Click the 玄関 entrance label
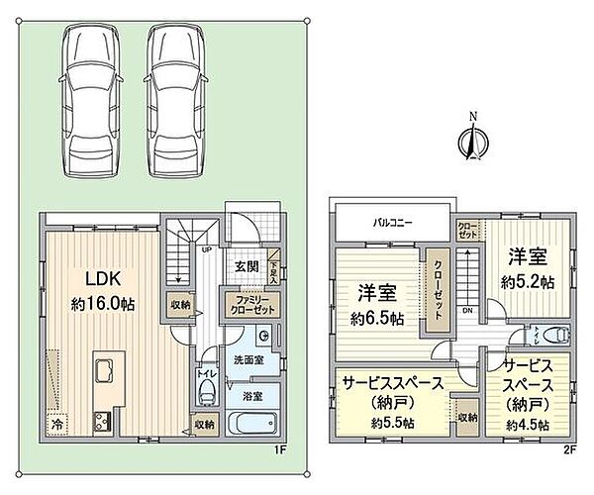(x=247, y=266)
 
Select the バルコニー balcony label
(x=393, y=223)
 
